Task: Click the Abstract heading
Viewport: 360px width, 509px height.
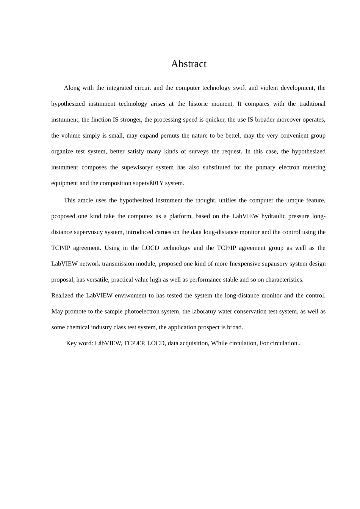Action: (x=188, y=64)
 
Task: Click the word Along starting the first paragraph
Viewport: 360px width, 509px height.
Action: (x=72, y=88)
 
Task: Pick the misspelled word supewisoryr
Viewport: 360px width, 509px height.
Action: (x=137, y=168)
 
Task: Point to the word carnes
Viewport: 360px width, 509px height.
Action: (x=163, y=233)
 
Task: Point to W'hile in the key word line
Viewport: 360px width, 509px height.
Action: (x=219, y=344)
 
